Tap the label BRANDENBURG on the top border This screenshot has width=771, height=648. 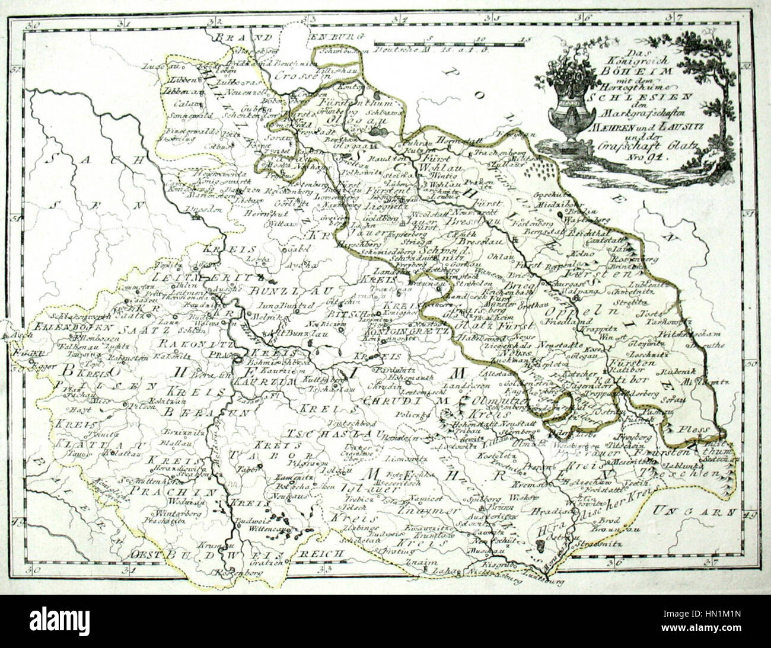point(291,37)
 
